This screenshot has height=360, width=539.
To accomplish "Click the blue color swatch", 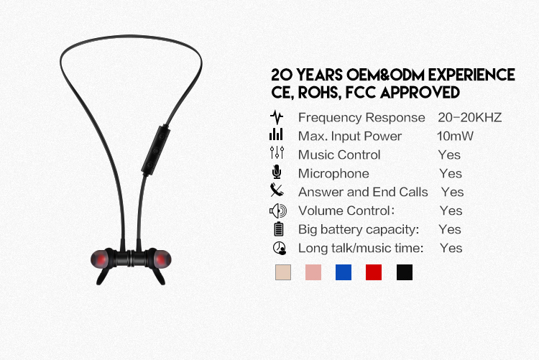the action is click(344, 272).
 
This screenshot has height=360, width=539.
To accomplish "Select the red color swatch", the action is click(374, 272).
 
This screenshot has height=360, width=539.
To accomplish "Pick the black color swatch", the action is click(404, 272).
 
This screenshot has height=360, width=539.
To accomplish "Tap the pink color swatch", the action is click(313, 272).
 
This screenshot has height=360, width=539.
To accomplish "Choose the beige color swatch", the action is click(283, 272).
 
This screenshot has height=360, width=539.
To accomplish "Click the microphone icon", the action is click(277, 172).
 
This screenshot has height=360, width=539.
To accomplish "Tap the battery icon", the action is click(279, 229).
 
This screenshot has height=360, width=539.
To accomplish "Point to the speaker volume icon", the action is click(277, 211).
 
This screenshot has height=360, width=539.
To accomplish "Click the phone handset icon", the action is click(277, 190).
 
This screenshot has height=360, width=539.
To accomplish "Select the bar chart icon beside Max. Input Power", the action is click(276, 134).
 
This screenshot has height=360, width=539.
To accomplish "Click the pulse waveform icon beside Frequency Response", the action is click(277, 117).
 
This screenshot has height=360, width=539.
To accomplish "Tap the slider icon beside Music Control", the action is click(277, 152).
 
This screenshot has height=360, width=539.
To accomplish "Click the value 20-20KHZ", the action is click(469, 118).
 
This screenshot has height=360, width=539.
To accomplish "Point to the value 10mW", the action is click(455, 136).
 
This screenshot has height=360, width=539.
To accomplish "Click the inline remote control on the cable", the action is click(156, 150).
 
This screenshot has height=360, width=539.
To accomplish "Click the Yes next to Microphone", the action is click(451, 174).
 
